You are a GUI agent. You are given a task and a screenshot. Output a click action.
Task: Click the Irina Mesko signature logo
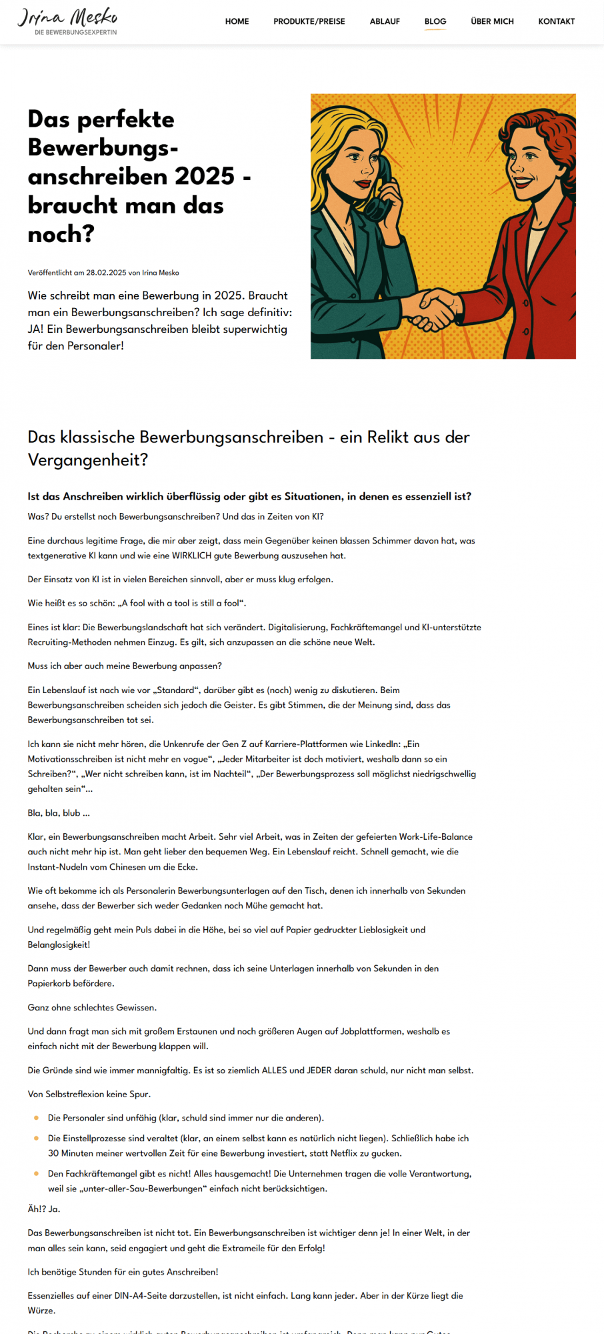(67, 21)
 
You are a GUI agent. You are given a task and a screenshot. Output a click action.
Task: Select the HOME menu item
(237, 21)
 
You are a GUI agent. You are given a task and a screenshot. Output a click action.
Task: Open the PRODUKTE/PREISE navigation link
(309, 21)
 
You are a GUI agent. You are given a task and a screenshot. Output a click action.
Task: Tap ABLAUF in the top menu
(385, 21)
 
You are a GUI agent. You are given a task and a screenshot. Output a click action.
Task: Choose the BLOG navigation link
(435, 21)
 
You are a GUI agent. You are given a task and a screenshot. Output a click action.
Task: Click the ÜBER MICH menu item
(492, 21)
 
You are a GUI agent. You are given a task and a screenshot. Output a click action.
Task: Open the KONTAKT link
(556, 21)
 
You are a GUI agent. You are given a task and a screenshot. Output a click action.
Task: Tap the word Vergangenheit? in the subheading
(88, 460)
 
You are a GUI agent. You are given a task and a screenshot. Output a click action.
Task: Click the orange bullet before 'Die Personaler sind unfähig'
(36, 1118)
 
